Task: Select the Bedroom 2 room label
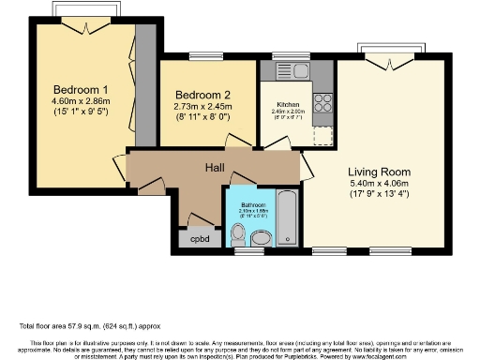pos(202,95)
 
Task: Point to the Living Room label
pos(380,172)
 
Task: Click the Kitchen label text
pos(286,104)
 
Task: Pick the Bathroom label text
pos(253,204)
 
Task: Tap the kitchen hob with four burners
pos(324,101)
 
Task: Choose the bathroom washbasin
pos(262,240)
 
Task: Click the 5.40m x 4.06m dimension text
pos(380,185)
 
